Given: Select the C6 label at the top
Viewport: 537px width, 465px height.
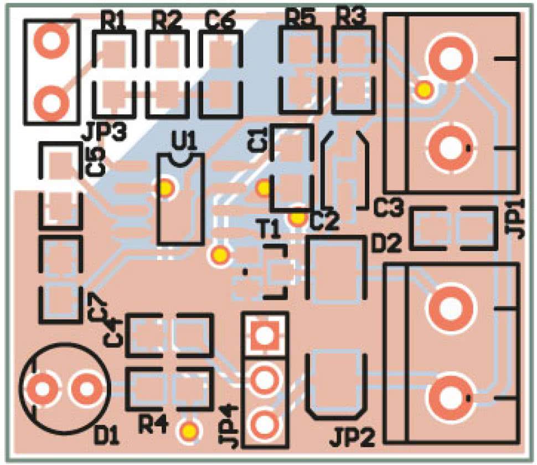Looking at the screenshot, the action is pos(220,21).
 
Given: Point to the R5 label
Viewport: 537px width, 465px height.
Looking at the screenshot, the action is pos(301,17).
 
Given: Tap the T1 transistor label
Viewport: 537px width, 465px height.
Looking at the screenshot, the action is pos(270,230).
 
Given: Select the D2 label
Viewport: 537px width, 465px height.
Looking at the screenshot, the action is pos(386,244).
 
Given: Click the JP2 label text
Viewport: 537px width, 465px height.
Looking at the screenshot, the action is pos(353,438).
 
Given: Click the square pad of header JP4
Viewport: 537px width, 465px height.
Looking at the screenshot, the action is pos(264,334).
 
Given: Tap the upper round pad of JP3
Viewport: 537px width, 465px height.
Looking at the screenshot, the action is pos(51,40).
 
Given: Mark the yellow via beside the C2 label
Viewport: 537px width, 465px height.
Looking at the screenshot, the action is pos(298,217).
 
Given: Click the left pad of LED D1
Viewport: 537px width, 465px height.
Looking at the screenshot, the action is pos(43,389).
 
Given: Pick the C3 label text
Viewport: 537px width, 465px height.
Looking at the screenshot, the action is pos(389,208).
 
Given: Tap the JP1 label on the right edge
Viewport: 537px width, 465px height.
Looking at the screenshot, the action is pos(519,218).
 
